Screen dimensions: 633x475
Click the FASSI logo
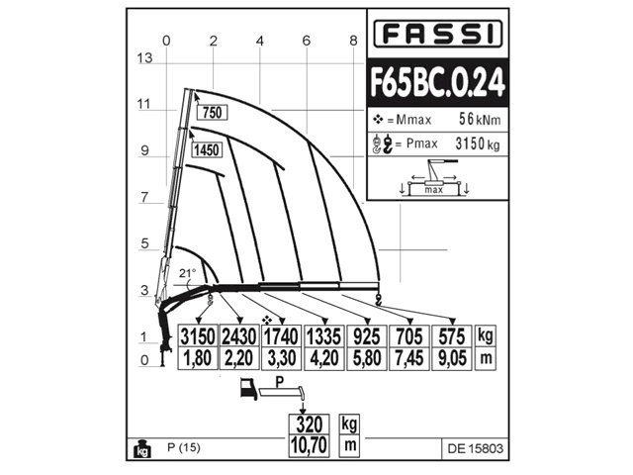(x=437, y=34)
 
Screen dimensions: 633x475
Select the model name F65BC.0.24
(x=437, y=82)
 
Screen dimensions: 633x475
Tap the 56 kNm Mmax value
(x=480, y=119)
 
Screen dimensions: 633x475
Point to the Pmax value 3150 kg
(x=477, y=143)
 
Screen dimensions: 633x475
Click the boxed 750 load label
(x=212, y=112)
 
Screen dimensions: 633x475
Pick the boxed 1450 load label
(x=207, y=149)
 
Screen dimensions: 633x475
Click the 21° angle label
(x=187, y=273)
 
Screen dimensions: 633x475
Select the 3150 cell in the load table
(x=198, y=336)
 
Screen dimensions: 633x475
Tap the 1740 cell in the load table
(x=281, y=336)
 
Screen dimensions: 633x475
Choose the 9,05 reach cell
(x=451, y=358)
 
